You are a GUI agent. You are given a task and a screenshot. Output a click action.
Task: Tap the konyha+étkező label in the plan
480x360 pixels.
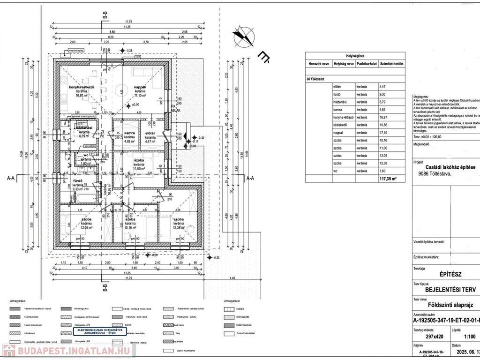coord(82,87)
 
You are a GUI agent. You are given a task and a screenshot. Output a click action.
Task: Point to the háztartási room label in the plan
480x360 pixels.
coord(84,128)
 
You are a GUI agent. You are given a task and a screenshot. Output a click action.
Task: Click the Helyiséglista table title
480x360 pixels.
coord(355,55)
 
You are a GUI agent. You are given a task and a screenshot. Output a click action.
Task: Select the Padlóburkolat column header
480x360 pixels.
coord(367,63)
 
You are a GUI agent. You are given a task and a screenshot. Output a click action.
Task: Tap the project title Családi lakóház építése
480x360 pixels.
coord(450,167)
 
